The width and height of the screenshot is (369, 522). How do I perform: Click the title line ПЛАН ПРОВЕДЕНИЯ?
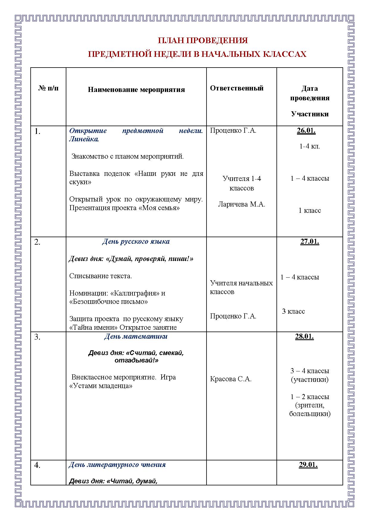point(202,40)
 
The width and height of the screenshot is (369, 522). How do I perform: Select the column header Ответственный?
point(237,88)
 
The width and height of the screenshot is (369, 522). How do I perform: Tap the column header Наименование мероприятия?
point(136,90)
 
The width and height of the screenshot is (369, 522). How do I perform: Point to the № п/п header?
point(49,88)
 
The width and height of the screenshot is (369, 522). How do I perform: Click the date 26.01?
point(306,131)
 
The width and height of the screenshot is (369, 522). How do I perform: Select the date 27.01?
point(309,241)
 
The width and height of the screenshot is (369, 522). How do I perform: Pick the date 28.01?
point(304,337)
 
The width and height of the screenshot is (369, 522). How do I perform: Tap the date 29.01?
point(308,465)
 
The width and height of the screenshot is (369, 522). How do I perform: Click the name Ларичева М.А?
point(242,204)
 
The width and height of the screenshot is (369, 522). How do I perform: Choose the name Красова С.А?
point(231,379)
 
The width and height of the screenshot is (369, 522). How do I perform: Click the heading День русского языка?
point(136,241)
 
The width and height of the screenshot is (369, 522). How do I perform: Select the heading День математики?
point(136,337)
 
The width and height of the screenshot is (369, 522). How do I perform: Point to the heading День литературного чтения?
point(117,465)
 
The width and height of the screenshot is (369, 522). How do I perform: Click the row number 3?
point(37,337)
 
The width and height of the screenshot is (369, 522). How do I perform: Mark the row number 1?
point(37,131)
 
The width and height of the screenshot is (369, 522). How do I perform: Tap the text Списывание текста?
point(101,276)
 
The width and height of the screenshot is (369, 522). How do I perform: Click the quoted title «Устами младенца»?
point(101,386)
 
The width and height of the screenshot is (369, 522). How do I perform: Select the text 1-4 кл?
point(309,146)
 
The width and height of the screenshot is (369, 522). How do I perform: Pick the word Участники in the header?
point(310,114)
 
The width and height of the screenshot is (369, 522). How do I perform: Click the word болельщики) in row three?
point(310,414)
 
